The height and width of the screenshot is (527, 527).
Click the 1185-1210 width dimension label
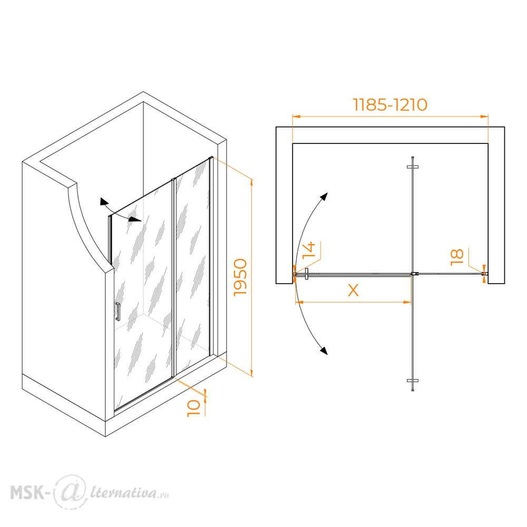(x=390, y=105)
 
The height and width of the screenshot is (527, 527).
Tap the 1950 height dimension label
(x=241, y=277)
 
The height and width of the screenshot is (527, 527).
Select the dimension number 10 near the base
(x=194, y=408)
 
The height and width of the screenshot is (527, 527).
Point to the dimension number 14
(x=309, y=250)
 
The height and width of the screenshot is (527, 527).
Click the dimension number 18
(x=457, y=257)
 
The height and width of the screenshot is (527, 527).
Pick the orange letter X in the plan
(x=353, y=290)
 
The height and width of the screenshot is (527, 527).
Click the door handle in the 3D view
(x=118, y=312)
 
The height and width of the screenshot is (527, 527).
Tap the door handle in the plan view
(x=306, y=274)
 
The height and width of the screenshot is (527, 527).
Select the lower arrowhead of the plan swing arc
(x=324, y=350)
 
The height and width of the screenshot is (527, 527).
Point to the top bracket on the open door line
(x=413, y=167)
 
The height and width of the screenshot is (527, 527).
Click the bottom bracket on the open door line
(x=413, y=381)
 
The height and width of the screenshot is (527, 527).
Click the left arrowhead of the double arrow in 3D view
(x=103, y=202)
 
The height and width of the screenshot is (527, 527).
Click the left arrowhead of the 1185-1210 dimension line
(x=296, y=116)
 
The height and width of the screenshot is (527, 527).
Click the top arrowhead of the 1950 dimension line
(x=252, y=183)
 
